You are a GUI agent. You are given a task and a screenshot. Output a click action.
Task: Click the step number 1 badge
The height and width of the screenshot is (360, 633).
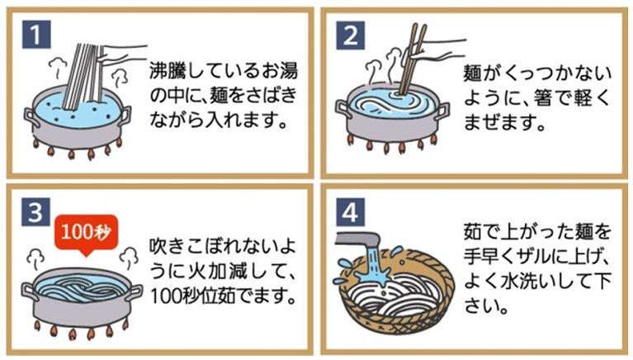pyautogui.click(x=36, y=35)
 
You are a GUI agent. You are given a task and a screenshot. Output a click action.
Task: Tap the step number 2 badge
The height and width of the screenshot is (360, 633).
pyautogui.click(x=351, y=36)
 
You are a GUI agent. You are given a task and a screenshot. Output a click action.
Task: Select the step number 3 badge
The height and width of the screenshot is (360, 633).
pyautogui.click(x=35, y=211)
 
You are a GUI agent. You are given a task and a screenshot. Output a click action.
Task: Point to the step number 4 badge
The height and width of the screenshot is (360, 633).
pyautogui.click(x=350, y=212)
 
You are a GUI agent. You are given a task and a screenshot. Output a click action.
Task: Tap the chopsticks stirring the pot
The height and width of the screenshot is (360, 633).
pyautogui.click(x=412, y=59)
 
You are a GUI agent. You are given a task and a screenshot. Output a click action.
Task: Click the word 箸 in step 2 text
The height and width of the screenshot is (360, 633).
pyautogui.click(x=543, y=98)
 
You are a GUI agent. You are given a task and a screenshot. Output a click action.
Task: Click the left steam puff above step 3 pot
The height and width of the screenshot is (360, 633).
pyautogui.click(x=35, y=258)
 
